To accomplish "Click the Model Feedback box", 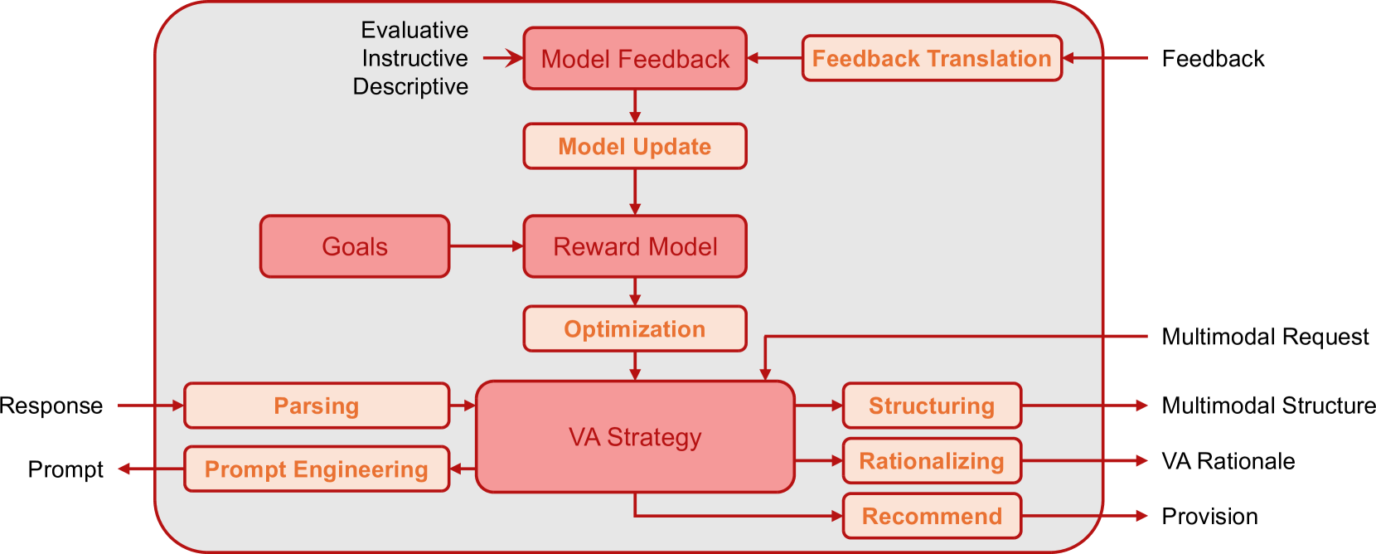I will [635, 59].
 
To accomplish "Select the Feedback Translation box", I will [932, 58].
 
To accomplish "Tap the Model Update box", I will [635, 147].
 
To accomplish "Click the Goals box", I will [355, 246].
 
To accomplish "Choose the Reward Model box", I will [635, 246].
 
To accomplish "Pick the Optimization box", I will [635, 329].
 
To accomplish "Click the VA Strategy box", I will [635, 437].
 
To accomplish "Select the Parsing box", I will [317, 406].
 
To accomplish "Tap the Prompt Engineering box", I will [317, 469].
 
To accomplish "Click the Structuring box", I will [932, 406].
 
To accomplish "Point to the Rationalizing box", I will [932, 461].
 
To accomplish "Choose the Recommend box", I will [932, 516].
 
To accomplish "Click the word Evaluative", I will [414, 31].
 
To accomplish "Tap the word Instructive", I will [414, 59].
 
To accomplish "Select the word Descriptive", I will [410, 87].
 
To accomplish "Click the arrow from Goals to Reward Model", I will [486, 246].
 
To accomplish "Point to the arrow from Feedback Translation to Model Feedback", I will [774, 58].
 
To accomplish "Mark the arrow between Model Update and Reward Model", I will [635, 192].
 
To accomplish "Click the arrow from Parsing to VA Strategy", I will [463, 406].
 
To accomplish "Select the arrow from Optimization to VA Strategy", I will [635, 366].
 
